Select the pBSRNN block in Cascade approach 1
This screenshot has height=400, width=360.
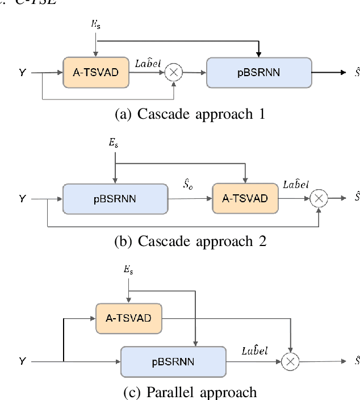(x=258, y=73)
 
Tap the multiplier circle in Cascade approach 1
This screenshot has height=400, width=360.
(x=172, y=73)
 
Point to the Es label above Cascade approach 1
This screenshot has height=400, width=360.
(x=97, y=24)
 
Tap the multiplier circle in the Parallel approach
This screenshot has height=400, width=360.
(x=290, y=361)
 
